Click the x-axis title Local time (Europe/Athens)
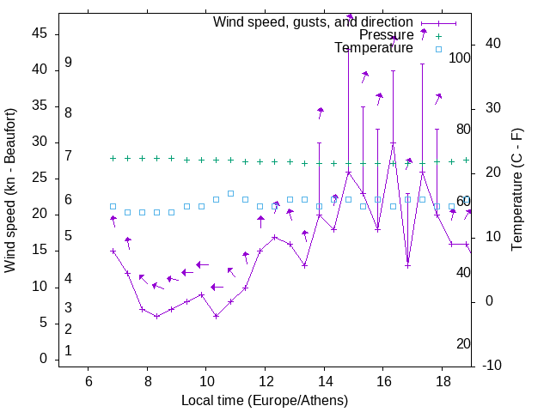(x=265, y=401)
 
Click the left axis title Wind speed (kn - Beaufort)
(x=10, y=191)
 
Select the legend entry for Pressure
(x=386, y=35)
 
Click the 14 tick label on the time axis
(x=324, y=381)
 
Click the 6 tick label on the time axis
(x=89, y=381)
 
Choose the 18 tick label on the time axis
(x=442, y=381)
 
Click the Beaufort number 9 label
(x=68, y=63)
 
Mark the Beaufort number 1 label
(x=68, y=351)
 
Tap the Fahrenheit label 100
(x=461, y=58)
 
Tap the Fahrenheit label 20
(x=463, y=344)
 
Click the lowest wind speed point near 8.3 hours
(x=156, y=316)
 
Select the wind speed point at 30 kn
(x=393, y=142)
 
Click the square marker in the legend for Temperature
(x=438, y=49)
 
